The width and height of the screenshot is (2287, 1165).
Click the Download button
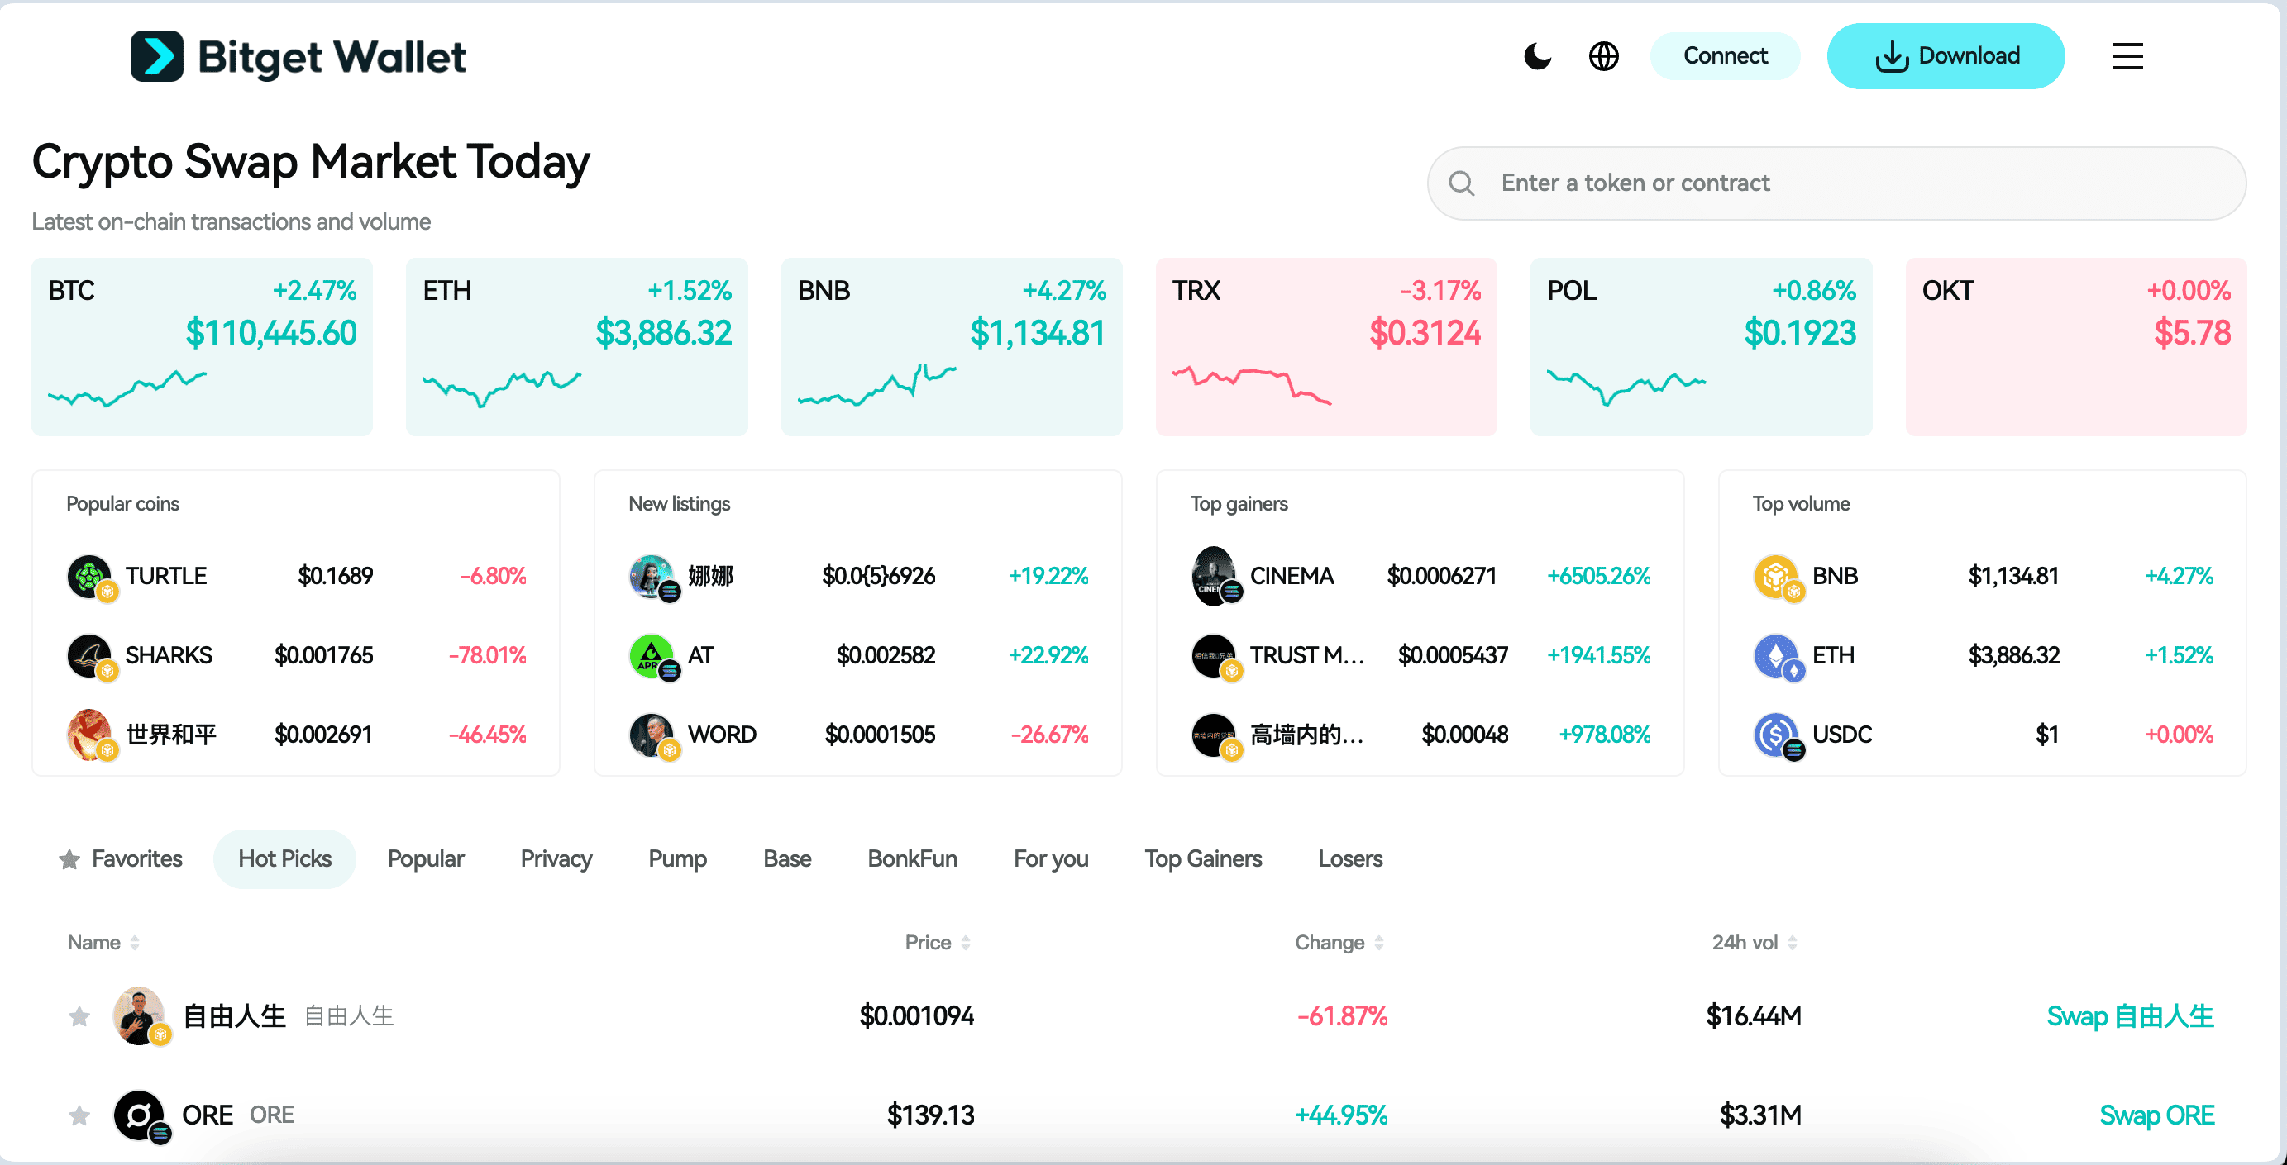(1946, 56)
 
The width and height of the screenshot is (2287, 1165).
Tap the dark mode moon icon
(1537, 56)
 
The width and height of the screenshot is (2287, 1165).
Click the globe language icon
(1603, 56)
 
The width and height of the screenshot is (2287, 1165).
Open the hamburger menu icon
(2127, 56)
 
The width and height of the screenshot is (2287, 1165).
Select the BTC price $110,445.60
(270, 333)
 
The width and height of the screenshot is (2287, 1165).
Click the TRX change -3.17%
(1440, 290)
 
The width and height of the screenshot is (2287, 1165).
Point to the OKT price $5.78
(2191, 333)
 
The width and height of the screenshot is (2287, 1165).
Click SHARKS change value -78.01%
(486, 655)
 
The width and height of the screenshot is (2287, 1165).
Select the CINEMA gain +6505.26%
(1598, 576)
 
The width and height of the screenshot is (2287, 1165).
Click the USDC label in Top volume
(1841, 735)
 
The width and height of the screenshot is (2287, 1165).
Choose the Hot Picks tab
(284, 858)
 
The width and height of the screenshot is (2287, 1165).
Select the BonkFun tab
(912, 858)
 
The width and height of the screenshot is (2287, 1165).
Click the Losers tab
(1349, 858)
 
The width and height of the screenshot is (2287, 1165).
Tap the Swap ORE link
(2156, 1115)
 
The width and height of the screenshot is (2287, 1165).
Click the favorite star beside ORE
(79, 1115)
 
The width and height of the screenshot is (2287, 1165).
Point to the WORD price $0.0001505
(879, 735)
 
